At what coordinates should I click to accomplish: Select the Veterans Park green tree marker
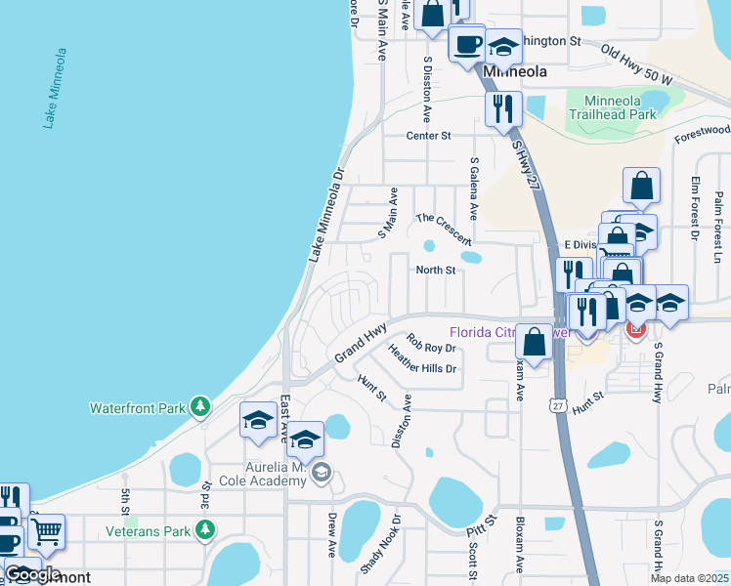(x=204, y=529)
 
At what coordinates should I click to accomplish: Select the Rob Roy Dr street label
(x=431, y=347)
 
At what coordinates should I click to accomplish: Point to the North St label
(x=436, y=271)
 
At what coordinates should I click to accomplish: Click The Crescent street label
(x=443, y=230)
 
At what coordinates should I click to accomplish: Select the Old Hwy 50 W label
(x=636, y=63)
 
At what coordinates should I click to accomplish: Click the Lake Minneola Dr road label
(x=327, y=216)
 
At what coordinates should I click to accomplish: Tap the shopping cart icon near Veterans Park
(x=46, y=531)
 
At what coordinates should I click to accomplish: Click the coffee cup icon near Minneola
(x=466, y=44)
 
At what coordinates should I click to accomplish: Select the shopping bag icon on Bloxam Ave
(x=534, y=342)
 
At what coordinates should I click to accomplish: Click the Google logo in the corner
(x=32, y=573)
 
